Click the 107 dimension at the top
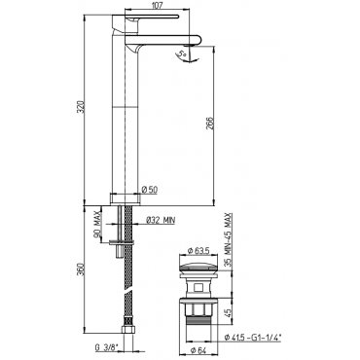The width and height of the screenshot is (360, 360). click(157, 5)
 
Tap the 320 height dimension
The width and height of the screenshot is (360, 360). click(82, 107)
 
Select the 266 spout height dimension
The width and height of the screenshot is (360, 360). click(210, 124)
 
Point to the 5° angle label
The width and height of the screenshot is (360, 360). click(183, 54)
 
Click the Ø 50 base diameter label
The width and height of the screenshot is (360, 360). click(150, 190)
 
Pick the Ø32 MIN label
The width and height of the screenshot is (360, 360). click(161, 221)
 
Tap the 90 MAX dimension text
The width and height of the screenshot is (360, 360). click(97, 227)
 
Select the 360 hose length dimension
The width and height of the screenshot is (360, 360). click(82, 270)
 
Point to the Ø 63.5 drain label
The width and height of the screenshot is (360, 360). click(198, 250)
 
